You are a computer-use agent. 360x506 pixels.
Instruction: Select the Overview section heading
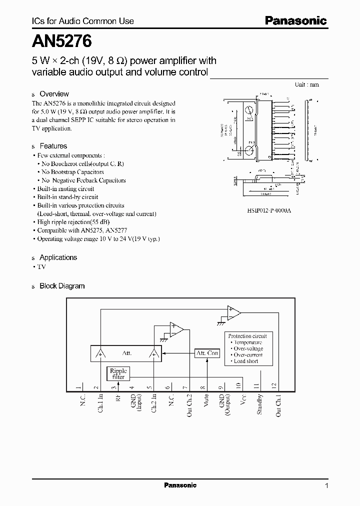pos(54,94)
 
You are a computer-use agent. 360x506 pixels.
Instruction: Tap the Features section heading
pos(53,146)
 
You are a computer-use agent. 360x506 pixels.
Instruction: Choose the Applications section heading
pos(58,257)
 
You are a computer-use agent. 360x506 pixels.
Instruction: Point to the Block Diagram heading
pos(62,286)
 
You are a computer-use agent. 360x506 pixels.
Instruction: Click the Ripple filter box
pos(118,373)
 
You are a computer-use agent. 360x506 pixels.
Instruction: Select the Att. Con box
pos(207,353)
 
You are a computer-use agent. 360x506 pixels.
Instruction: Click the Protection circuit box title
pos(247,336)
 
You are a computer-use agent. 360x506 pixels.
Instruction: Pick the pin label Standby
pos(259,403)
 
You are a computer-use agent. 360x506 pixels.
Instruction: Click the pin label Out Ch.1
pos(278,405)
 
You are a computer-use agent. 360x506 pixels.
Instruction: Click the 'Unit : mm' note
pos(307,84)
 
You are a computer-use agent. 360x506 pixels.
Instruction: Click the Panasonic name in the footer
pos(180,485)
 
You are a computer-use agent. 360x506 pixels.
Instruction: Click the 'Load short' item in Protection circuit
pos(246,361)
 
